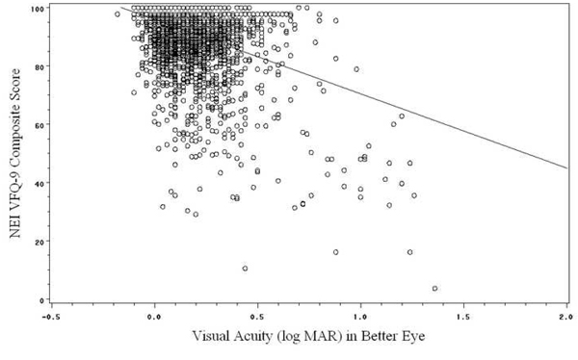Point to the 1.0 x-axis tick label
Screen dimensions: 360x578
tap(360, 314)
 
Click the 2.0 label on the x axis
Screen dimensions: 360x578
tap(565, 314)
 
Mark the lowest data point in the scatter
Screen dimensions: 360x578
tap(434, 288)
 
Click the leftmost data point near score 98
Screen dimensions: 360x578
tap(118, 14)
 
